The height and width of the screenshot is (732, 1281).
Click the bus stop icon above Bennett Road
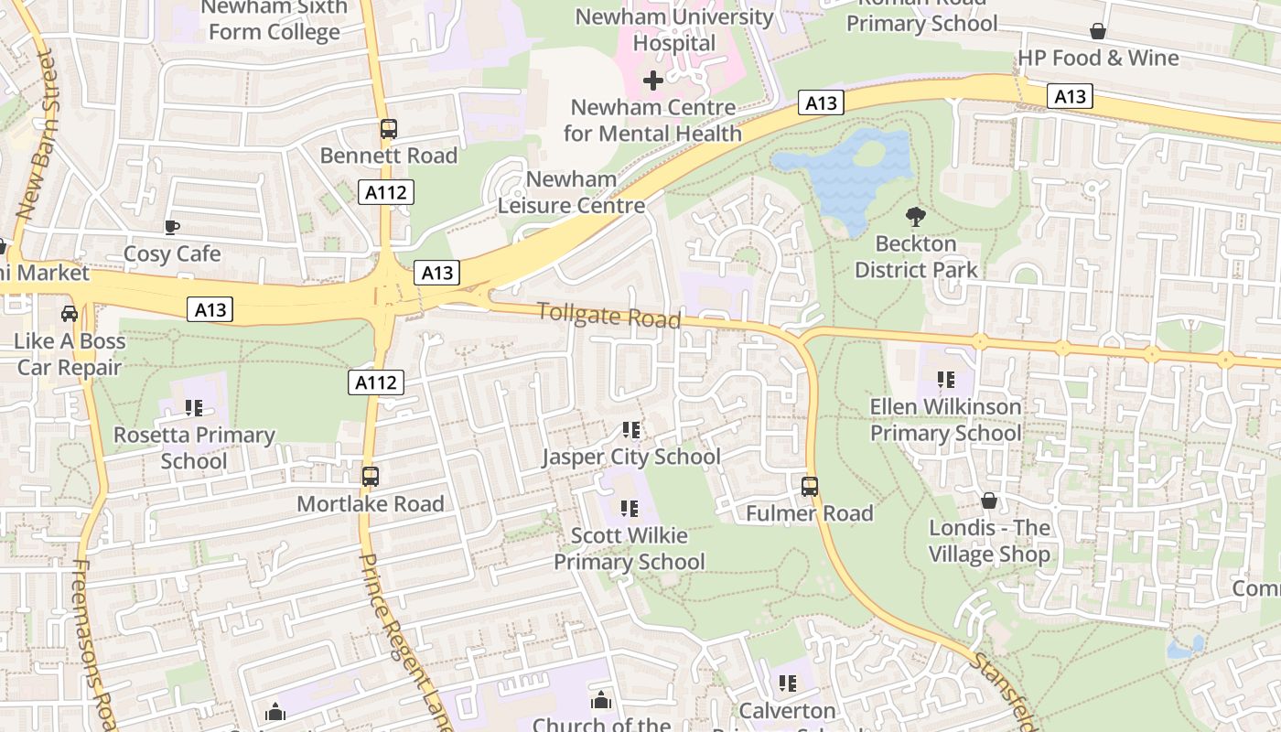coord(389,129)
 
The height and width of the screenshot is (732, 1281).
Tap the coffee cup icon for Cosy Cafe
coord(172,227)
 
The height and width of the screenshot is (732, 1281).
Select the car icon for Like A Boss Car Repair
coord(70,314)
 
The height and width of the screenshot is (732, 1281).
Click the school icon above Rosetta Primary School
coord(194,407)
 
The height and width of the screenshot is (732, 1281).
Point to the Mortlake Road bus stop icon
coord(371,477)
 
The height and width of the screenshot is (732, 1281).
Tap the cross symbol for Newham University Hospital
coord(653,81)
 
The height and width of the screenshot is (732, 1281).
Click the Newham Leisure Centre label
coord(571,192)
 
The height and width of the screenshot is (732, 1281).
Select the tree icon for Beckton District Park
coord(915,217)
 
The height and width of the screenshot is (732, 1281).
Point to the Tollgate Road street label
coord(609,315)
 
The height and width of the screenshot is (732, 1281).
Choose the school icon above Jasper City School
coord(630,429)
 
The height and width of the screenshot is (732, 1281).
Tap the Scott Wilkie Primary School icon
coord(629,508)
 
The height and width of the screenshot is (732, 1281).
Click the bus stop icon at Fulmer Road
coord(810,486)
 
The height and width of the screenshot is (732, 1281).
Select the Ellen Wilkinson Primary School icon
coord(946,379)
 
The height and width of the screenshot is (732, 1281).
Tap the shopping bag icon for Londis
coord(989,501)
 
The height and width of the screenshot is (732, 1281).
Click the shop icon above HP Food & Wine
coord(1098,32)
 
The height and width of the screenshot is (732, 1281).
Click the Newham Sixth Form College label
coord(274,20)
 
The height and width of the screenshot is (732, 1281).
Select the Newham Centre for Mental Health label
coord(652,120)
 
